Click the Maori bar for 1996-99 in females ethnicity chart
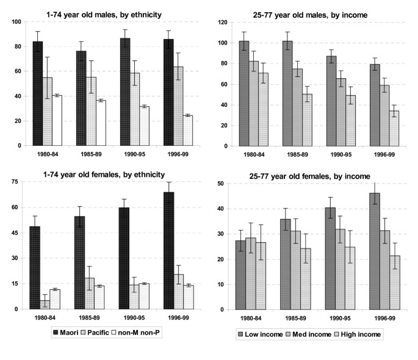(x=169, y=250)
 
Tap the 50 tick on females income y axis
(x=223, y=184)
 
